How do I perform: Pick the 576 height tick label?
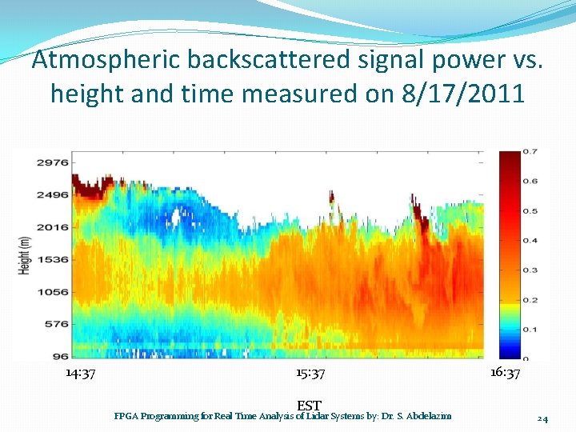54,324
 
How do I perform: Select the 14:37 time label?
81,374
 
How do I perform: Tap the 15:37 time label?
310,374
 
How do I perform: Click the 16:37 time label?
506,374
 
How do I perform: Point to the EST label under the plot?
309,406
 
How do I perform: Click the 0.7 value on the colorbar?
530,151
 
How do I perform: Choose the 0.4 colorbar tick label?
530,240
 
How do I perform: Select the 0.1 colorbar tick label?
530,329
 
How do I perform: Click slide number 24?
542,418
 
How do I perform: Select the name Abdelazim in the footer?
430,416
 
